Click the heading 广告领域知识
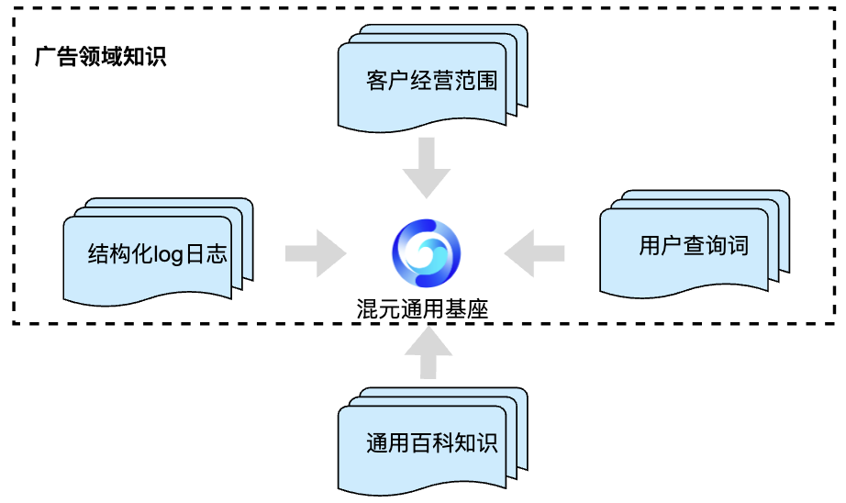pos(100,57)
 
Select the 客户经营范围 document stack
pos(431,81)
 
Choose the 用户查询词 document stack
pos(694,246)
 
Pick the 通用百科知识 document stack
pos(431,443)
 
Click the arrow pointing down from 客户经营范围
pos(427,168)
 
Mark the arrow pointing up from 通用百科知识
pos(426,353)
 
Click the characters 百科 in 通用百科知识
pos(431,443)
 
